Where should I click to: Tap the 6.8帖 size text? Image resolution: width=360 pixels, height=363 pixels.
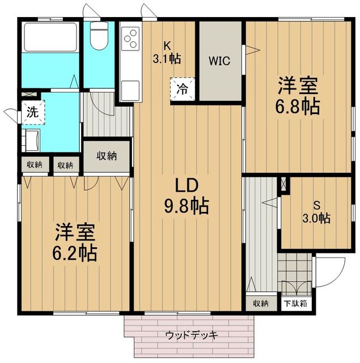click(x=297, y=106)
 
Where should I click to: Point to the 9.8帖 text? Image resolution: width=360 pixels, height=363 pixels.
click(x=185, y=205)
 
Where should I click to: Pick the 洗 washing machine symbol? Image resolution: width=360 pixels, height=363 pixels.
click(x=32, y=112)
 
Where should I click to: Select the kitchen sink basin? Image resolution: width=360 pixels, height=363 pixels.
click(x=129, y=90)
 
